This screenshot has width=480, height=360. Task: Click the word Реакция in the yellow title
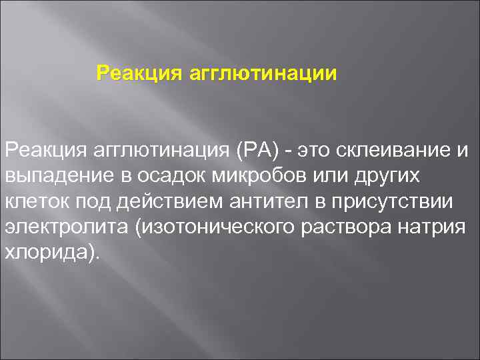127,71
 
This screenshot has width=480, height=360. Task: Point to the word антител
271,201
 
